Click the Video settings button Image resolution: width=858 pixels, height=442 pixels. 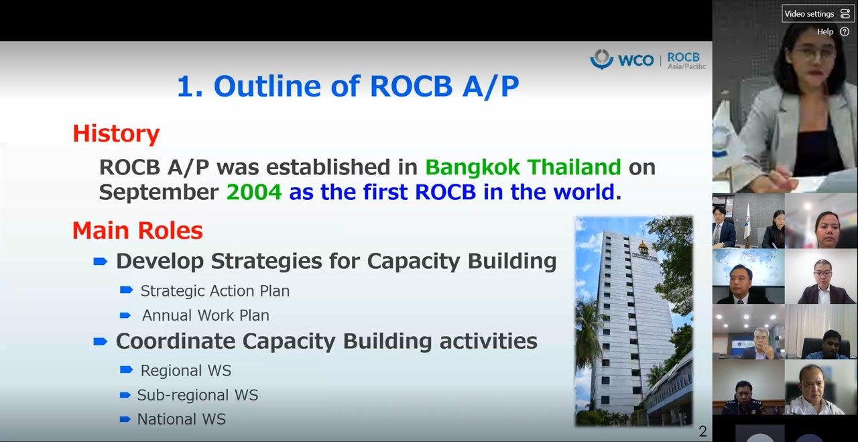818,14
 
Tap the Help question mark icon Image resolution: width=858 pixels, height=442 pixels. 845,32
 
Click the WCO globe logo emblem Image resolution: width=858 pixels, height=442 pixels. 602,59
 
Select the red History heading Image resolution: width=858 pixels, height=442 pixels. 116,133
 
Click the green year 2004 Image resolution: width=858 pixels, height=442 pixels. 254,192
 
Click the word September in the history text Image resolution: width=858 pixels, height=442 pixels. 159,192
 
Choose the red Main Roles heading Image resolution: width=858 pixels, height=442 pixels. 137,231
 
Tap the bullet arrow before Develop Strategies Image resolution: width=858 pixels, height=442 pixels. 101,262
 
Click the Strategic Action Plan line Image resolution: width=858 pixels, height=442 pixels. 215,291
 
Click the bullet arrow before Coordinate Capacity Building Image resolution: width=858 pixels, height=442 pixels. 101,341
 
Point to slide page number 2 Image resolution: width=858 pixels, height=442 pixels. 702,431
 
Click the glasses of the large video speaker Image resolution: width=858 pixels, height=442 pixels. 814,52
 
